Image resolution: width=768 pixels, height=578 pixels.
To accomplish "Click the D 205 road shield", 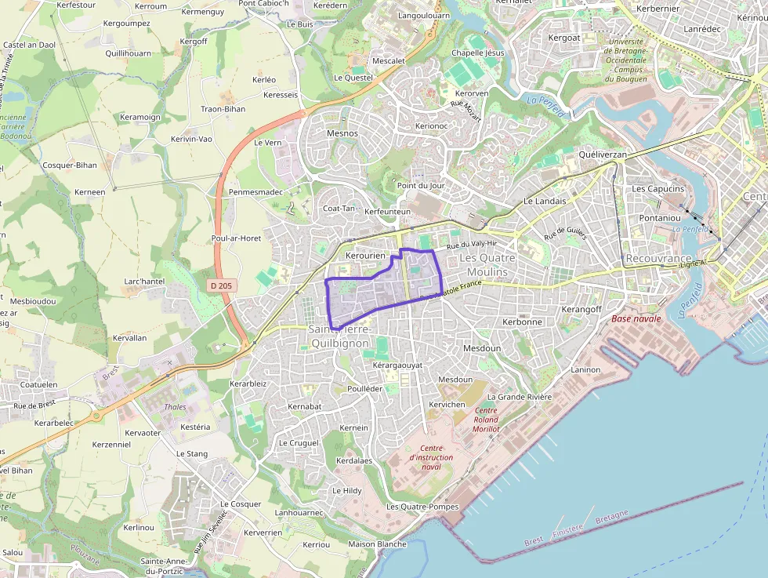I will tap(221, 286).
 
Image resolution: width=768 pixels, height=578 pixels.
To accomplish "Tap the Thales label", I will tap(175, 407).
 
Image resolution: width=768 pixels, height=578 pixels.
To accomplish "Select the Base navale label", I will tap(636, 318).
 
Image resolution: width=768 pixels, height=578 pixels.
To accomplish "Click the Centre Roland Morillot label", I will tap(486, 420).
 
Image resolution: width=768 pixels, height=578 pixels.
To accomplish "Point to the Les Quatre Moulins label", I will tap(484, 265).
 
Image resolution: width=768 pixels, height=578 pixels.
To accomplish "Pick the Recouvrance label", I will tap(659, 258).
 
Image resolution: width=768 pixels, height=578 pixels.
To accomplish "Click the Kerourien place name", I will tap(366, 256).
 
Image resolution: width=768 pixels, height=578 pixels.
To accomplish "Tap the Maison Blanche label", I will tap(378, 544).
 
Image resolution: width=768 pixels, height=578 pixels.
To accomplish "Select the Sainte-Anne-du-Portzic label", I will tap(163, 565).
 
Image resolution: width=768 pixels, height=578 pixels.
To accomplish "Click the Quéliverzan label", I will tap(603, 155).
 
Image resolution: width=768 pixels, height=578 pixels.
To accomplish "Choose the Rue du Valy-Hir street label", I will tap(472, 245).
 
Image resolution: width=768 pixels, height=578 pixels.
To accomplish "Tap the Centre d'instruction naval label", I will tap(431, 457).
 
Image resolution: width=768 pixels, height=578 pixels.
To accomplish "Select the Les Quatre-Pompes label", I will tap(422, 507).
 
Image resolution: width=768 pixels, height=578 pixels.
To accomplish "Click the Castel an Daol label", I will tap(31, 45).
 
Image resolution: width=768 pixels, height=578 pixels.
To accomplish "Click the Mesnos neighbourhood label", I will tap(342, 133).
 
